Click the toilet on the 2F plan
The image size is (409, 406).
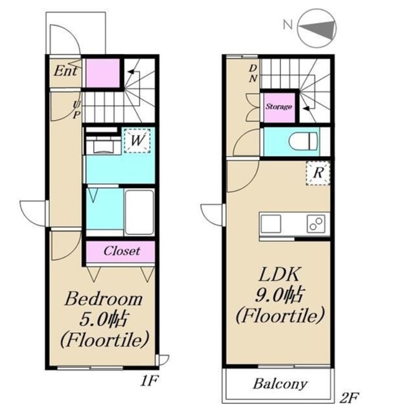pos(304,141)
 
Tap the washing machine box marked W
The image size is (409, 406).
pos(137,141)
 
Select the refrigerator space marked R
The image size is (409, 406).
pos(318,173)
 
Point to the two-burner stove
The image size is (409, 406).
pos(316,224)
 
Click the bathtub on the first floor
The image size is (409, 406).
pos(140,213)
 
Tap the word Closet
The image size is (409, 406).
pos(122,251)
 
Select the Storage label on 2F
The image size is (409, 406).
pos(278,107)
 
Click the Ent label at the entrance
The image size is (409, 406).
pos(66,71)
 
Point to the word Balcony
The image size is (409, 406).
pos(280,384)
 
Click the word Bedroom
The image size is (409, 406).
pos(104,299)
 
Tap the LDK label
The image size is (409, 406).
pos(278,274)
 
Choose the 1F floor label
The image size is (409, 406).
pos(149,381)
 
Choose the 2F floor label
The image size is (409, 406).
pos(350,398)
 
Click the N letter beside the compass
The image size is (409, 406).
pos(287,25)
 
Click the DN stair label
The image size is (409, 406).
pos(253,73)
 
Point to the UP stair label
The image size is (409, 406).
pos(76,110)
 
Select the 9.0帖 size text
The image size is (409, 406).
pos(278,296)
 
